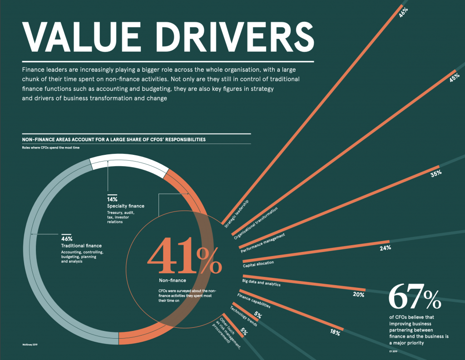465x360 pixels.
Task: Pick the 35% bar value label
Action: (x=436, y=173)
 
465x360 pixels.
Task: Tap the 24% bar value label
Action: (x=386, y=248)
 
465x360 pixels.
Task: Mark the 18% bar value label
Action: (x=335, y=332)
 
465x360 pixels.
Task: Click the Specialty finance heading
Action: (x=123, y=207)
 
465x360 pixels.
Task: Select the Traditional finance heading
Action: (x=81, y=246)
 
